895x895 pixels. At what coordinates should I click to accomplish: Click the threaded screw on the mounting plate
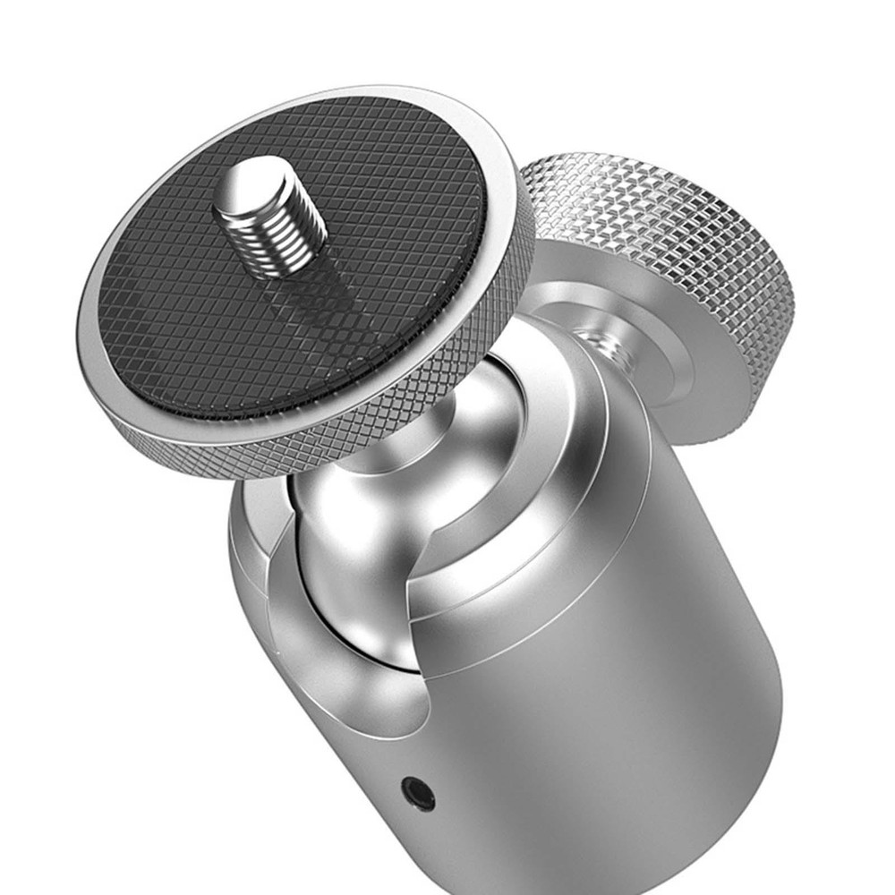click(x=268, y=215)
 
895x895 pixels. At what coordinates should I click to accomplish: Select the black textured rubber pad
click(x=179, y=313)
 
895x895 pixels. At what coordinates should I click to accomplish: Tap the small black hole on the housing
click(x=417, y=792)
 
